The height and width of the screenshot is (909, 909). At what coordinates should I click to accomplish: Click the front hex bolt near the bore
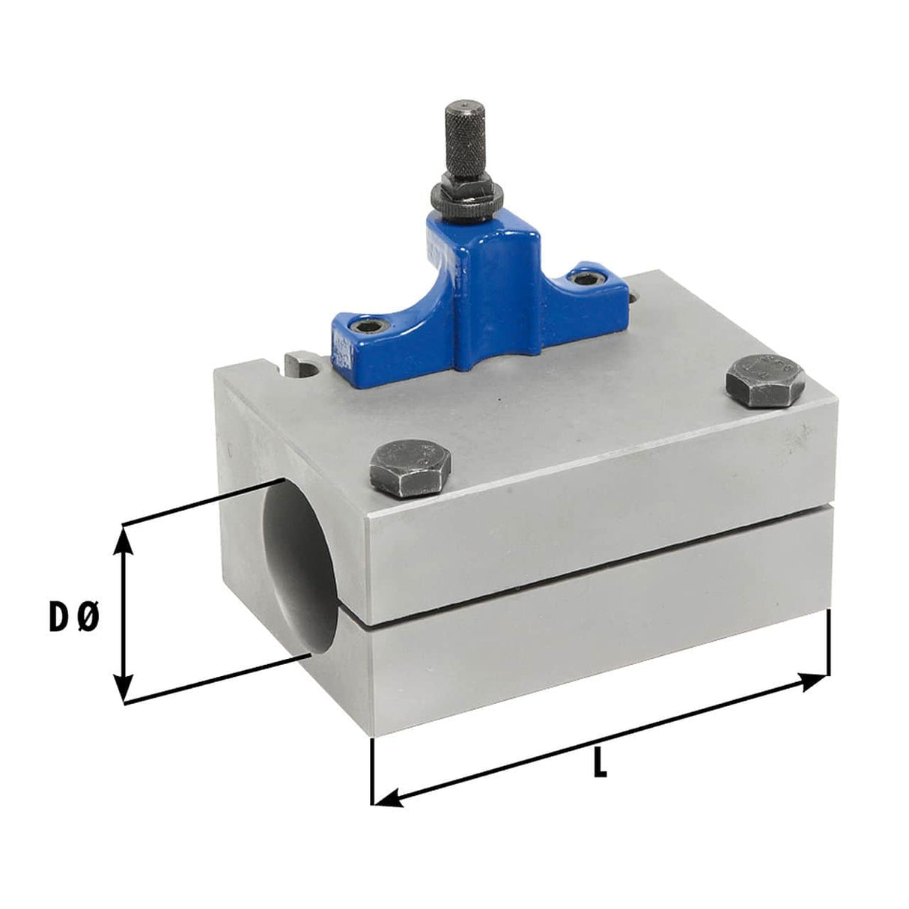point(410,469)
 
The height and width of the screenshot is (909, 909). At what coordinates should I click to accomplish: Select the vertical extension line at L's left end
point(372,771)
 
